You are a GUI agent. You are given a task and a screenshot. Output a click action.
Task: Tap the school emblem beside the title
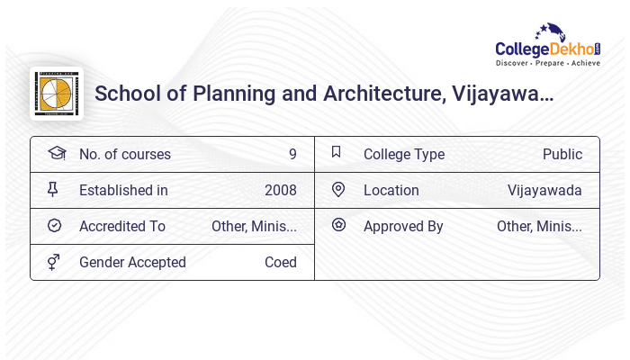pos(57,94)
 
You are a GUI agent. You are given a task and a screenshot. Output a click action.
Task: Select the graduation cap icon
pos(56,154)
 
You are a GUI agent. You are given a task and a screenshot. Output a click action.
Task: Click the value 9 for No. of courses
pos(292,155)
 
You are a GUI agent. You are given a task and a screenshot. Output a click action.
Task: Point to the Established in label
pos(123,191)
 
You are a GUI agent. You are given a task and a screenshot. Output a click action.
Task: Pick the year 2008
pos(280,191)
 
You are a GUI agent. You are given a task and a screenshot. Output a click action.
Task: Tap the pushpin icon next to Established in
pos(53,190)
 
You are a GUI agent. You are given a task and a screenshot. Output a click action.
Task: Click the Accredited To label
pos(122,227)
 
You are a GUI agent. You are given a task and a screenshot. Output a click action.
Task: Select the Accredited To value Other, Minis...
pos(254,227)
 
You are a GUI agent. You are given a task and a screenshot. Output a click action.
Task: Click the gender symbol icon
pos(53,262)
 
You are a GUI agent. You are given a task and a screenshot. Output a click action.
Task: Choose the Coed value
pos(280,263)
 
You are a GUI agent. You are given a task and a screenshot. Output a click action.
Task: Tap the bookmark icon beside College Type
pos(337,153)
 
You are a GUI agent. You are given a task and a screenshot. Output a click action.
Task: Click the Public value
pos(562,155)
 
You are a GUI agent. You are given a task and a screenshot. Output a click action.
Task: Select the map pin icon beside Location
pos(338,190)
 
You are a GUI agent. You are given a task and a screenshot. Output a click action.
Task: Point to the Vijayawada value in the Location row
pos(544,191)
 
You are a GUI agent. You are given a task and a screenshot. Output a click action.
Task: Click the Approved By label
pos(403,227)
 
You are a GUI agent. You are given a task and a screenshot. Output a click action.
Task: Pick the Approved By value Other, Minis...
pos(539,227)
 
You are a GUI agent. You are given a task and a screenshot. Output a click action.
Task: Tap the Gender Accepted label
pos(132,263)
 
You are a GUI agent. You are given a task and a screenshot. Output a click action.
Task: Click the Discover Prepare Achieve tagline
pos(548,63)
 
